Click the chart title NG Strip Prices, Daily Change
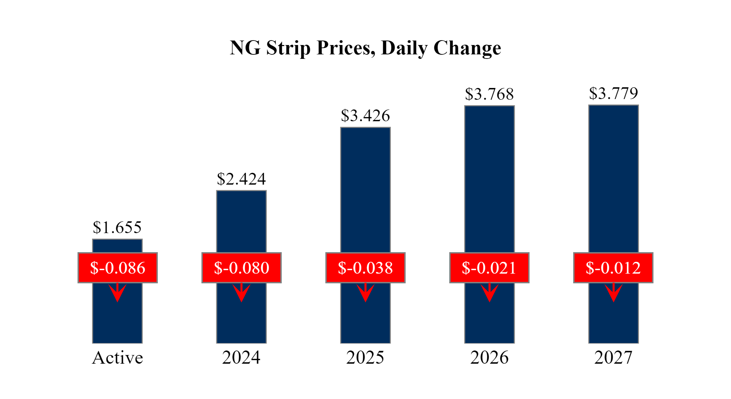tap(365, 48)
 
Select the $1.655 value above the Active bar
tap(117, 228)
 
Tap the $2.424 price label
tap(241, 179)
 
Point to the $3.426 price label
tap(365, 116)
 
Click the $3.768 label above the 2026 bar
tap(489, 94)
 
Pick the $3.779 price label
tap(613, 94)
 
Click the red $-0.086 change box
tap(118, 268)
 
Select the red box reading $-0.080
tap(242, 268)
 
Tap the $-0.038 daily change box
tap(365, 268)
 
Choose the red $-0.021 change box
tap(489, 268)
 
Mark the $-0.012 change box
tap(613, 268)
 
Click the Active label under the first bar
tap(117, 358)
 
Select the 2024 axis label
tap(241, 358)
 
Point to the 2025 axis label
tap(365, 358)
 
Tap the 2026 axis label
tap(489, 358)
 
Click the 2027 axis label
tap(613, 358)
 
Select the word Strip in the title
tap(288, 48)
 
